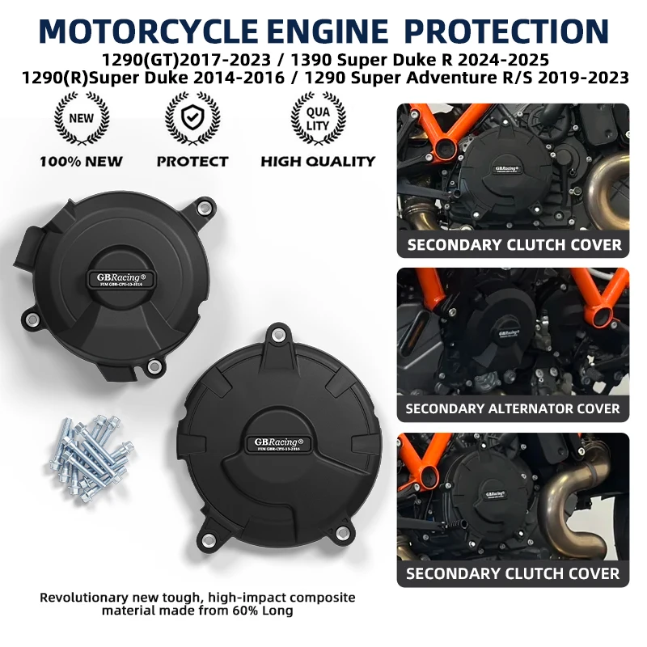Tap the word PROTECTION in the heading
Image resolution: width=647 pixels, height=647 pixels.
pyautogui.click(x=505, y=30)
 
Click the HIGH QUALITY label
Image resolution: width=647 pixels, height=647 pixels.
pyautogui.click(x=318, y=161)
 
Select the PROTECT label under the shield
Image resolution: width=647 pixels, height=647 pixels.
pyautogui.click(x=192, y=161)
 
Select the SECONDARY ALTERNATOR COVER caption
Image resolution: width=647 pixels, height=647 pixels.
pyautogui.click(x=513, y=408)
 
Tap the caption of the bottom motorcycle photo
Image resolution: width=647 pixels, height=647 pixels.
pyautogui.click(x=513, y=573)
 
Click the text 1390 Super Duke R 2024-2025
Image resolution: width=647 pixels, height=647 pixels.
pyautogui.click(x=421, y=59)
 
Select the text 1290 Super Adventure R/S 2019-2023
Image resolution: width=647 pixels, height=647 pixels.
pyautogui.click(x=470, y=78)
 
